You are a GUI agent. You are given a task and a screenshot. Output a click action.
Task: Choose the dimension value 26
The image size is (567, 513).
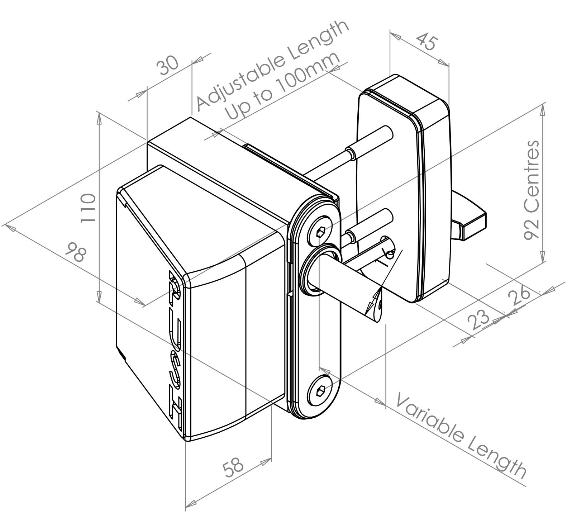coord(519,295)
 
